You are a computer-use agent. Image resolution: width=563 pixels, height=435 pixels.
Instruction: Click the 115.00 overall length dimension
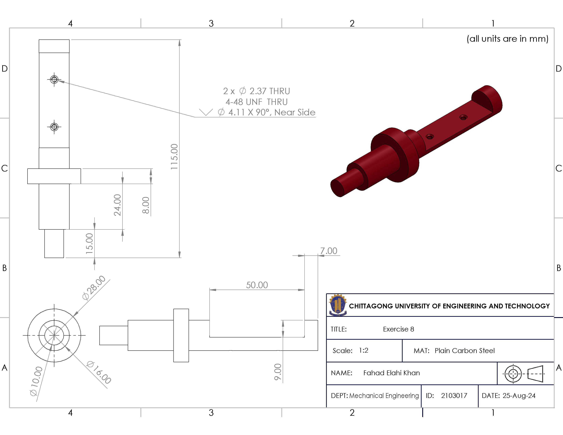click(174, 157)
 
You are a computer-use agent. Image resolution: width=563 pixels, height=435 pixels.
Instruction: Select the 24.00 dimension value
click(117, 205)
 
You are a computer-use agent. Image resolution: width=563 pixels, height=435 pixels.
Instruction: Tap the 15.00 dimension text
click(89, 243)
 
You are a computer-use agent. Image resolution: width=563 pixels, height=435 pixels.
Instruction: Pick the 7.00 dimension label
click(329, 251)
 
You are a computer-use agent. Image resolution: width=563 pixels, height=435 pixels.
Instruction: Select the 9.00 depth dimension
click(278, 372)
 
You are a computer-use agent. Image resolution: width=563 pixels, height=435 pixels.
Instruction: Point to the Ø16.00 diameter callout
click(99, 372)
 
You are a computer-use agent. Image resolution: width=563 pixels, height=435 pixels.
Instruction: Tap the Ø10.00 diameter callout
click(36, 381)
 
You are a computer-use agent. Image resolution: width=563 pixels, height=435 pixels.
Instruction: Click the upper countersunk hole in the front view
click(54, 79)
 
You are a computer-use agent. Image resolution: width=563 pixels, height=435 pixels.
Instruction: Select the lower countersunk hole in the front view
click(54, 127)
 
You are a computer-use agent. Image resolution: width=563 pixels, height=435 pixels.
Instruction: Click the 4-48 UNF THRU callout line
click(257, 102)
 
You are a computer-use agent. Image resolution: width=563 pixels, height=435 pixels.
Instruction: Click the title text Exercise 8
click(398, 329)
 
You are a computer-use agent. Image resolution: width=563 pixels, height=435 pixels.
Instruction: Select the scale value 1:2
click(363, 350)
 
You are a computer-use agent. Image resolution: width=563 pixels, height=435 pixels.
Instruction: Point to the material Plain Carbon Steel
click(465, 351)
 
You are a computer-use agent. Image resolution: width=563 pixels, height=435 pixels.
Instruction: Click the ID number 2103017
click(454, 396)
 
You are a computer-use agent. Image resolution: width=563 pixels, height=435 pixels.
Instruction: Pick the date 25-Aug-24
click(519, 396)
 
